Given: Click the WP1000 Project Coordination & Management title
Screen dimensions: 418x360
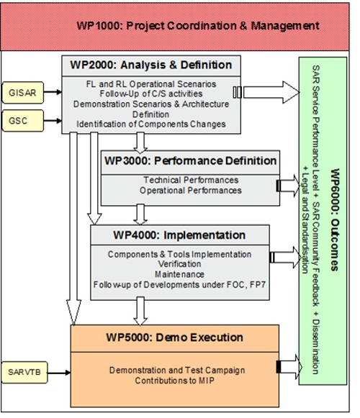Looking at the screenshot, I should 197,26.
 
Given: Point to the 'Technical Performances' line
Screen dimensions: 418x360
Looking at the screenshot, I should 191,180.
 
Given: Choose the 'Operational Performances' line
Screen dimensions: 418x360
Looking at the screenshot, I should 191,190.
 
